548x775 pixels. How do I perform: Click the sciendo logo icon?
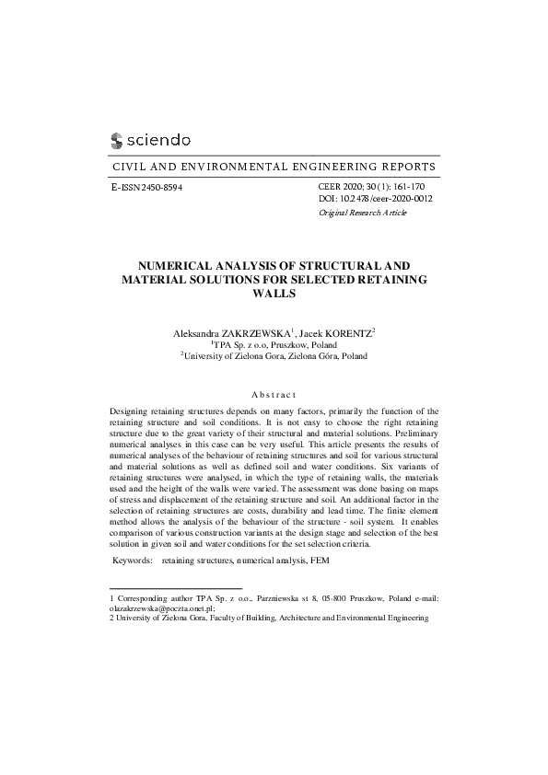116,140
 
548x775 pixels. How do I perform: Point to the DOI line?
375,198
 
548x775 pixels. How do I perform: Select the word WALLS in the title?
274,294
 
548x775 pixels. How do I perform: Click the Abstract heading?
274,393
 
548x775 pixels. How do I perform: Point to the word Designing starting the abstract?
131,410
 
